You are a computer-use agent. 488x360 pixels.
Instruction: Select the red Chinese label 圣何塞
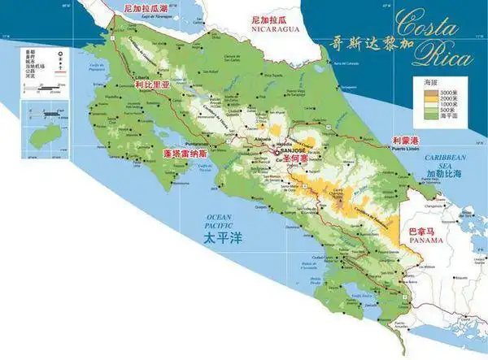pos(291,160)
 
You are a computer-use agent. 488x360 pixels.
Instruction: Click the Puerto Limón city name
pos(408,150)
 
